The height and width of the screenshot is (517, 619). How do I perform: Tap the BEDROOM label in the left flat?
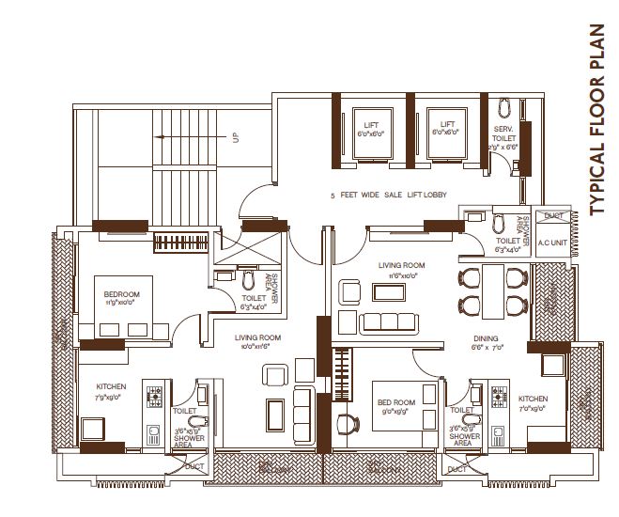[x=122, y=295]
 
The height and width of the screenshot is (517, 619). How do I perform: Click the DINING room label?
[x=486, y=338]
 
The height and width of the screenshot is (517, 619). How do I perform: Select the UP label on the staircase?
[x=237, y=137]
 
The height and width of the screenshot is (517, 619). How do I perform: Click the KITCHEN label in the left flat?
[x=111, y=386]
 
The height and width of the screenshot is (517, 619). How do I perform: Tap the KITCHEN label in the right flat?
[x=533, y=399]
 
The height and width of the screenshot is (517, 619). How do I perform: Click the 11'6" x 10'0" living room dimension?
[x=402, y=276]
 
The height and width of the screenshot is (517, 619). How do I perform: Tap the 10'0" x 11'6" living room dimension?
[x=259, y=347]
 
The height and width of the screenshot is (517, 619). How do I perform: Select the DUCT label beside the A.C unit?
[x=552, y=216]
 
